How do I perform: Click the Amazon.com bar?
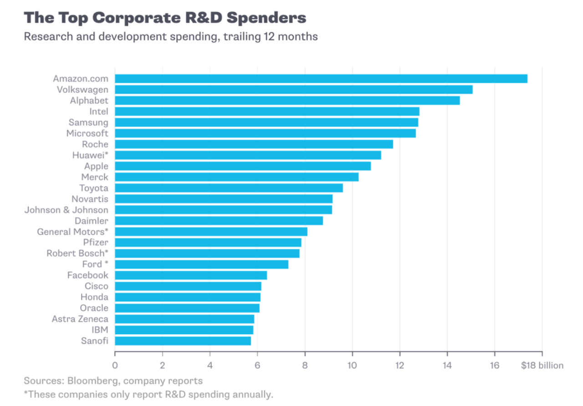point(321,78)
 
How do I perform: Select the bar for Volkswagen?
point(293,89)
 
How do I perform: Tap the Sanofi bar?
point(183,340)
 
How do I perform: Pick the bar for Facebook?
point(190,275)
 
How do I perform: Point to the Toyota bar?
point(229,188)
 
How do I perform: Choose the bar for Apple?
point(242,166)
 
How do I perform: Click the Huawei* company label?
point(90,155)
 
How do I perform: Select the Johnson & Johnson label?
point(66,210)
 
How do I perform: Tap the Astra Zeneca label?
point(80,319)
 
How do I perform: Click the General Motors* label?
point(72,232)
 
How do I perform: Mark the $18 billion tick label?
point(542,365)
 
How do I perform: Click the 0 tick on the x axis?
point(115,365)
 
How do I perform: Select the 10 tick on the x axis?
point(352,365)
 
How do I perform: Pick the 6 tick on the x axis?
point(257,365)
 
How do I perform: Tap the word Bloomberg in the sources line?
point(86,381)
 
